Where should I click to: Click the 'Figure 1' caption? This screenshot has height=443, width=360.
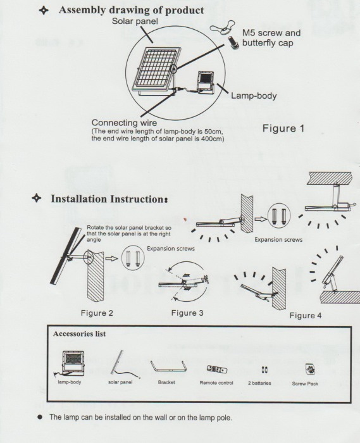point(283,128)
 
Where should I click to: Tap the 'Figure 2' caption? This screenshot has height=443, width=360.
point(97,313)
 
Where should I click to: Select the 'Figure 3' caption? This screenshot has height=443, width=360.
point(187,313)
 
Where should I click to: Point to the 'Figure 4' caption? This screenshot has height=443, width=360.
point(306,315)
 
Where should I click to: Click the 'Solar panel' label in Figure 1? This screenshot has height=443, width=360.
point(135,21)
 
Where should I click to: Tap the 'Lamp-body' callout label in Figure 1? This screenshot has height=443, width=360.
point(254,96)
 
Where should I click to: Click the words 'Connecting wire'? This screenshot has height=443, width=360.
point(124,123)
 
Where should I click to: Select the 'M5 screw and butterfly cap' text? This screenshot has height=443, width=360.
point(271,38)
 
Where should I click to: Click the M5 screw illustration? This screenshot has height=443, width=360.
point(233,42)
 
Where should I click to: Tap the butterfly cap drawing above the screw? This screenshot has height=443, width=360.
point(221,27)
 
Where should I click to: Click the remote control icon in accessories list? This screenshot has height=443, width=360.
point(217,369)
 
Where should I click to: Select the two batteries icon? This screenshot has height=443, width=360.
point(264,370)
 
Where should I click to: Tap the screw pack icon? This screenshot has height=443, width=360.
point(310,369)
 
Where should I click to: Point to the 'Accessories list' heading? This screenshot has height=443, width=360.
point(79,334)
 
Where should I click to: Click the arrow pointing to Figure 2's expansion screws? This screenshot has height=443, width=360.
point(112,258)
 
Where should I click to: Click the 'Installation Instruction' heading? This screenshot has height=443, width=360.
point(109,199)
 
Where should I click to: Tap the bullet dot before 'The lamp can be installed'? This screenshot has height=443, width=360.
point(40,417)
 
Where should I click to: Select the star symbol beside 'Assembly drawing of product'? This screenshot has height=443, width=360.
point(44,11)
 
